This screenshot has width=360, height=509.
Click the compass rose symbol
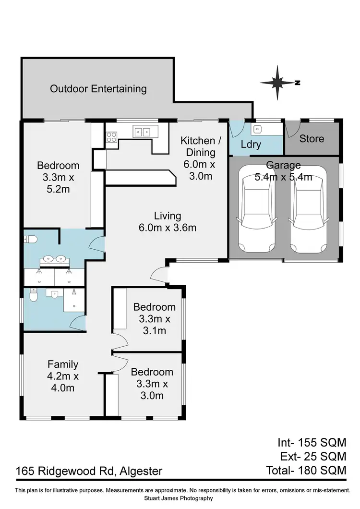click(278, 83)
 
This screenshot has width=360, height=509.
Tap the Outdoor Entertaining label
click(98, 89)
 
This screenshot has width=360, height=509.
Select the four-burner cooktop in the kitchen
click(111, 137)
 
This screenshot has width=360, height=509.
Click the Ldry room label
click(250, 144)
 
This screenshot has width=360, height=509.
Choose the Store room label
click(312, 139)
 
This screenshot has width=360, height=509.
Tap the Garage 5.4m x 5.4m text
click(284, 170)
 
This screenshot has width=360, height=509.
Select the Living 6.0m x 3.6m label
click(168, 221)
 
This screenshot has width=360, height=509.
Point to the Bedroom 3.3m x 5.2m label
click(58, 177)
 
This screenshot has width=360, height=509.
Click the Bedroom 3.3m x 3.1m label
click(154, 318)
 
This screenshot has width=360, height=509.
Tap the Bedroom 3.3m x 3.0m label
click(152, 384)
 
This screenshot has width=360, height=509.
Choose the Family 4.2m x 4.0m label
click(62, 376)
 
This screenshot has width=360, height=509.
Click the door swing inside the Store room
click(293, 129)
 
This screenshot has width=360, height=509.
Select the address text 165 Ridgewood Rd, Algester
click(88, 471)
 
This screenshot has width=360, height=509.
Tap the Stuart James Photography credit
click(180, 498)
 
